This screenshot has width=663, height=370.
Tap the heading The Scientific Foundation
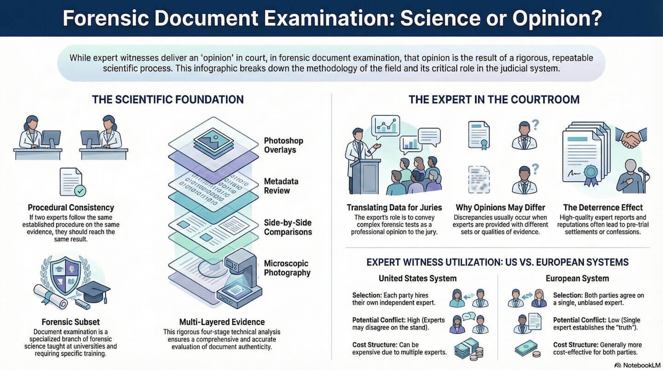pyautogui.click(x=168, y=99)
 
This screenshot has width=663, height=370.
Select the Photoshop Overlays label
pyautogui.click(x=283, y=145)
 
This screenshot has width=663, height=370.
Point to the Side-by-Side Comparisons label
pyautogui.click(x=288, y=226)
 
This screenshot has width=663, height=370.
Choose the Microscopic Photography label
pyautogui.click(x=287, y=268)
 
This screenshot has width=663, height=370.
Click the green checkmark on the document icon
pyautogui.click(x=80, y=190)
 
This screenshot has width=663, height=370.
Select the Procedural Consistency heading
pyautogui.click(x=71, y=208)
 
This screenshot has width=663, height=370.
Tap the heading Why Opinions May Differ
pyautogui.click(x=500, y=207)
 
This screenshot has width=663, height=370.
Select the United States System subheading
pyautogui.click(x=418, y=278)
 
